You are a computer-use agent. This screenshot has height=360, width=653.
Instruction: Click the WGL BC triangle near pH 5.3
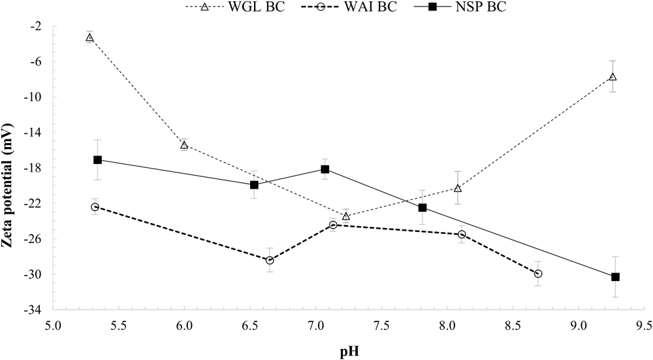pyautogui.click(x=89, y=37)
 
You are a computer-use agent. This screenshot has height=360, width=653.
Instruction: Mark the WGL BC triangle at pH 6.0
pyautogui.click(x=184, y=145)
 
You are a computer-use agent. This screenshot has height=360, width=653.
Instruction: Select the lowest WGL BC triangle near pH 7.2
pyautogui.click(x=346, y=216)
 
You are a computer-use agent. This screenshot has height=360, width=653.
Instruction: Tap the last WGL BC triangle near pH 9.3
pyautogui.click(x=613, y=76)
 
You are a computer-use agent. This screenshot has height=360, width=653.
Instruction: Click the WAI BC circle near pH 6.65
pyautogui.click(x=270, y=260)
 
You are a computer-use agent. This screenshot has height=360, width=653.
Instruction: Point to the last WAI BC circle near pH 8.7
pyautogui.click(x=538, y=274)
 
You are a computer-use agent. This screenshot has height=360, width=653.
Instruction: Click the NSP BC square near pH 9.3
pyautogui.click(x=615, y=277)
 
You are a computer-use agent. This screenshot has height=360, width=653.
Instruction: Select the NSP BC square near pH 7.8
pyautogui.click(x=422, y=208)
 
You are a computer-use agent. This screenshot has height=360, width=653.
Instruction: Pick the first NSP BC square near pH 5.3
pyautogui.click(x=97, y=159)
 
